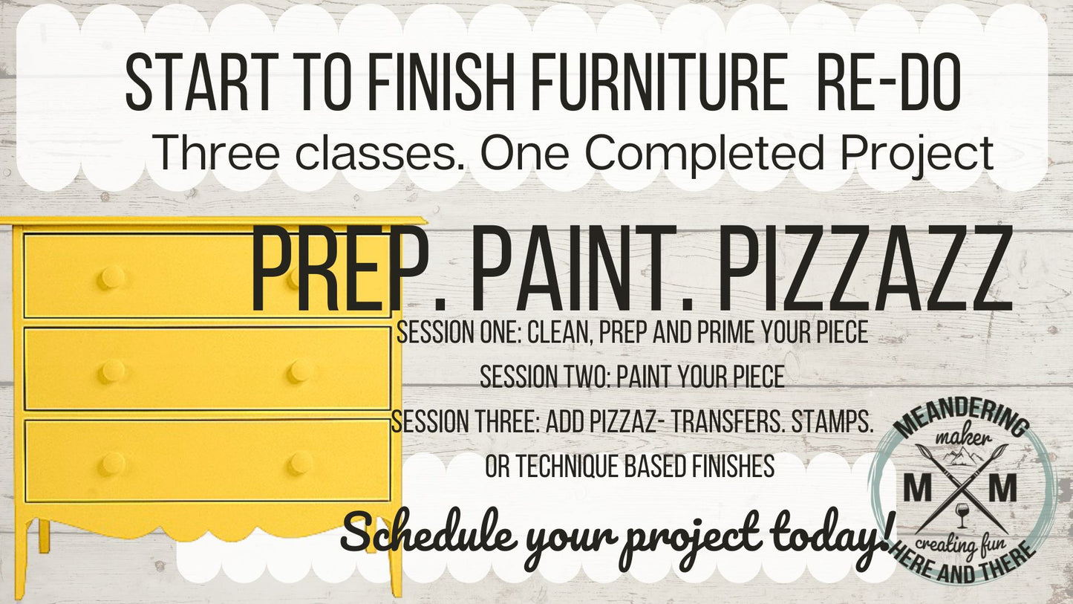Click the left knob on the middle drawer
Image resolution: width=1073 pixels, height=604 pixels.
point(111,371)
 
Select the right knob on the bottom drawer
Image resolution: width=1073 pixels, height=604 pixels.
point(300,463)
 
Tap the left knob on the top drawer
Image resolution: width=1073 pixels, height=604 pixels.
point(111,278)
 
